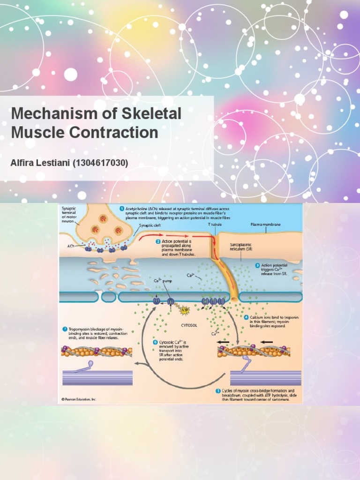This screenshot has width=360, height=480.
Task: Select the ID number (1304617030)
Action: click(98, 163)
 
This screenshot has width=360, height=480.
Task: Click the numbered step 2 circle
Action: click(158, 242)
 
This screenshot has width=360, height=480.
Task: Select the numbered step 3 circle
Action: click(257, 265)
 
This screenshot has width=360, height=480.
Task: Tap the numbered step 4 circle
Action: click(247, 317)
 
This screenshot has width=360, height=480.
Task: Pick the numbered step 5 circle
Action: click(218, 390)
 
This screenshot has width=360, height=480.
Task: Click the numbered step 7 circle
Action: click(65, 329)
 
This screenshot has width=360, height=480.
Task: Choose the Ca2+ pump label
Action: click(163, 281)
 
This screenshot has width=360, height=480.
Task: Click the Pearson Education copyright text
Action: click(79, 399)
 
